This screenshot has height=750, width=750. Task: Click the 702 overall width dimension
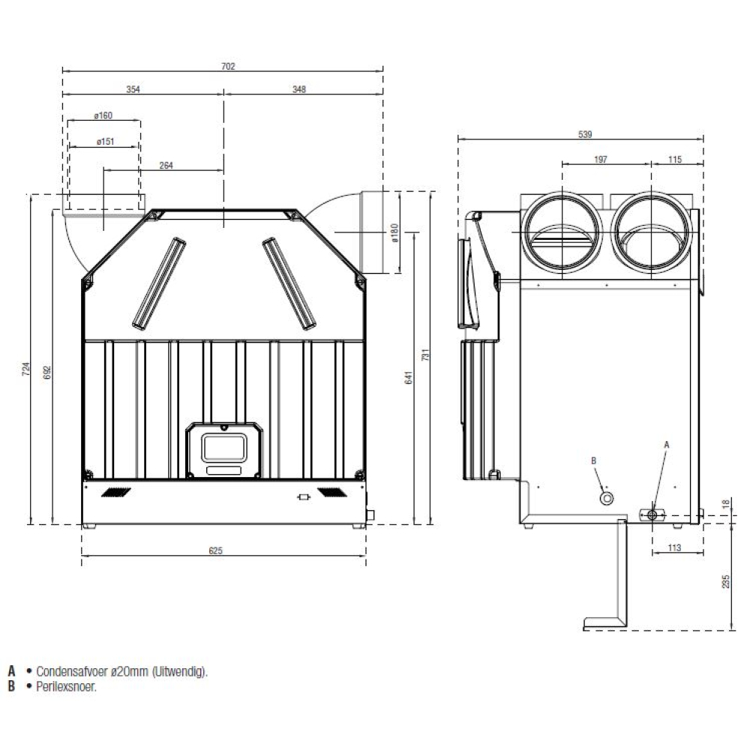228,66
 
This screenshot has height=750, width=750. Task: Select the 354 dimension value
133,89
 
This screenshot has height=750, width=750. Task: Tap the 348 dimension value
299,89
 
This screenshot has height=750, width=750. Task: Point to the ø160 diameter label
103,115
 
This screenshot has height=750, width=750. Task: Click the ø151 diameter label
105,142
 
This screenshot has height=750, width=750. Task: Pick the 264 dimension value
166,166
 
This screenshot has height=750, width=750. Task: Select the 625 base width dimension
216,550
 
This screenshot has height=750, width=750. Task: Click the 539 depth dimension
585,134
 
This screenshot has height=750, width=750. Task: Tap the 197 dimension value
601,159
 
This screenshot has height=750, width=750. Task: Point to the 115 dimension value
675,159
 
